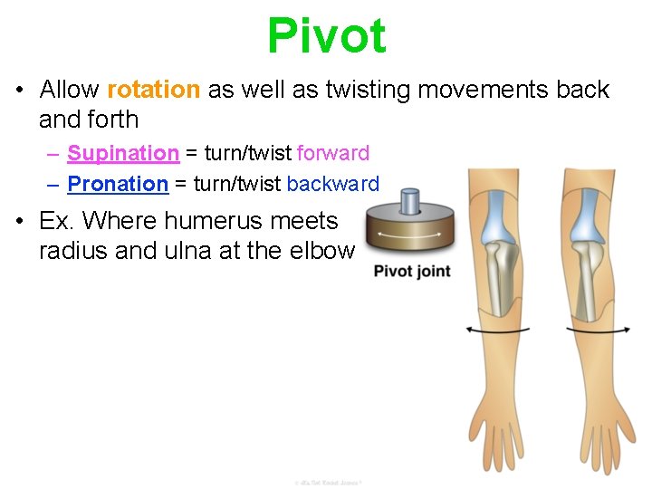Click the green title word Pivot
(326, 36)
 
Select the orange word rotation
(153, 91)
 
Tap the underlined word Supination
(123, 154)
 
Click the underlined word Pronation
(119, 185)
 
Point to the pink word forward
(333, 154)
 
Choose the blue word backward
(333, 185)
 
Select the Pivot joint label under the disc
(412, 272)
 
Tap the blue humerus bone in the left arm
(495, 214)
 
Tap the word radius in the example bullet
(71, 251)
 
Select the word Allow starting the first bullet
(69, 91)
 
